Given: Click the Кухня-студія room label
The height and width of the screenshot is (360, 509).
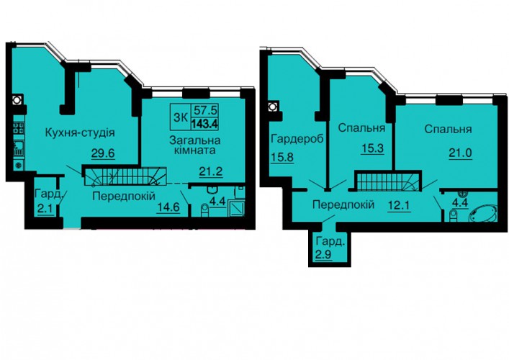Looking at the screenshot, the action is pos(80,132).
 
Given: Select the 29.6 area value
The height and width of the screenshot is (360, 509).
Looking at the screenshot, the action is pos(103,153).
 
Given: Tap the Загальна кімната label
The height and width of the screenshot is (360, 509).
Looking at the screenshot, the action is pos(195,145).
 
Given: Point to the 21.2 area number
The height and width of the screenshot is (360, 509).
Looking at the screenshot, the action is pos(211,171).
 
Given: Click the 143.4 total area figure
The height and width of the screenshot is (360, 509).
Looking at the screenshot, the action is pos(204,123).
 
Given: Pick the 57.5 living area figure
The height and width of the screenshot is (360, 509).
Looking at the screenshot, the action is pos(205,110).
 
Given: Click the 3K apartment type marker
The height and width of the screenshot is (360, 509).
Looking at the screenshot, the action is pos(181,117).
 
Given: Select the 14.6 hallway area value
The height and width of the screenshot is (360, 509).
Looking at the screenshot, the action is pos(168,207).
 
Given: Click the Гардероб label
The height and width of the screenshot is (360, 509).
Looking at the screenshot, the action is pos(297,139).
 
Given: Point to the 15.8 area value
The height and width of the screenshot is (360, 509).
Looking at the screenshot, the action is pos(281,158).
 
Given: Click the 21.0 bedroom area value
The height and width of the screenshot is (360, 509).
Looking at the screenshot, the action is pos(460,153).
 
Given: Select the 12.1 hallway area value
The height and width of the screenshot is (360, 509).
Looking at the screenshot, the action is pos(400,205).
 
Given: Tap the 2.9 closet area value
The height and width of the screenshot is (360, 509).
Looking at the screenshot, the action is pos(323,254).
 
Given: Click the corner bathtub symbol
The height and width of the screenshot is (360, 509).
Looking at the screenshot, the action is pos(482,213).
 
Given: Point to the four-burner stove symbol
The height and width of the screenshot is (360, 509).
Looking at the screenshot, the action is pos(19,127).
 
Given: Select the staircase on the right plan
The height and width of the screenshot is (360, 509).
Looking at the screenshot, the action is pos(388,181).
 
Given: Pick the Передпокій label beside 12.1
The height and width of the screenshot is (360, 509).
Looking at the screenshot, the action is pos(343,204).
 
